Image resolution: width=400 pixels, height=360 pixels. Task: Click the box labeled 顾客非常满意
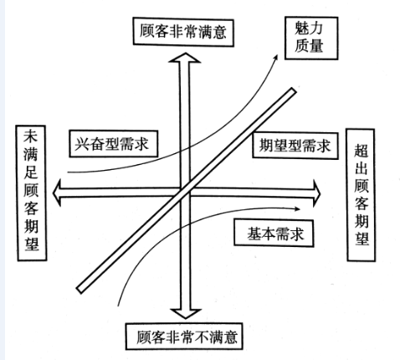pyautogui.click(x=183, y=32)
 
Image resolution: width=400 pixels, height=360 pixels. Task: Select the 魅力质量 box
pyautogui.click(x=311, y=38)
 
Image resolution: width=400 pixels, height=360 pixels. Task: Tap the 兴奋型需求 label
pyautogui.click(x=113, y=144)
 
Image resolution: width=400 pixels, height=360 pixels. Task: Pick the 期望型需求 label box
pyautogui.click(x=295, y=146)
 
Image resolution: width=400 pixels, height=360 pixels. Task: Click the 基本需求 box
pyautogui.click(x=274, y=234)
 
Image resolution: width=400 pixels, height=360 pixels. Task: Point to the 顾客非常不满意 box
pyautogui.click(x=184, y=337)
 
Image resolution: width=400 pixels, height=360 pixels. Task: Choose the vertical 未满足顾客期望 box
pyautogui.click(x=31, y=193)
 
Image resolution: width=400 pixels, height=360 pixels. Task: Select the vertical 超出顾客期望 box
pyautogui.click(x=361, y=195)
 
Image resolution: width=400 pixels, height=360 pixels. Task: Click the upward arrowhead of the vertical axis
pyautogui.click(x=184, y=58)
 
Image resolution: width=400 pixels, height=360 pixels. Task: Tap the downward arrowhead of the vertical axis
pyautogui.click(x=186, y=313)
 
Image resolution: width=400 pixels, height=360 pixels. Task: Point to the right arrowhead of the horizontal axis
pyautogui.click(x=317, y=193)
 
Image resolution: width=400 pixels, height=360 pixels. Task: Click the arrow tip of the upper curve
pyautogui.click(x=277, y=55)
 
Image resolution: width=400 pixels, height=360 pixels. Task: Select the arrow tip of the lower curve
pyautogui.click(x=300, y=208)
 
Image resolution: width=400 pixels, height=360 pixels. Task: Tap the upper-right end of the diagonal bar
pyautogui.click(x=292, y=91)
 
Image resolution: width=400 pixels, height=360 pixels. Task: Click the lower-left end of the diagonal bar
pyautogui.click(x=80, y=290)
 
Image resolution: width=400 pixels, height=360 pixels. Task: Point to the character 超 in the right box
pyautogui.click(x=362, y=151)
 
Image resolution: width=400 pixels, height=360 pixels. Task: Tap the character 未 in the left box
pyautogui.click(x=31, y=136)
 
